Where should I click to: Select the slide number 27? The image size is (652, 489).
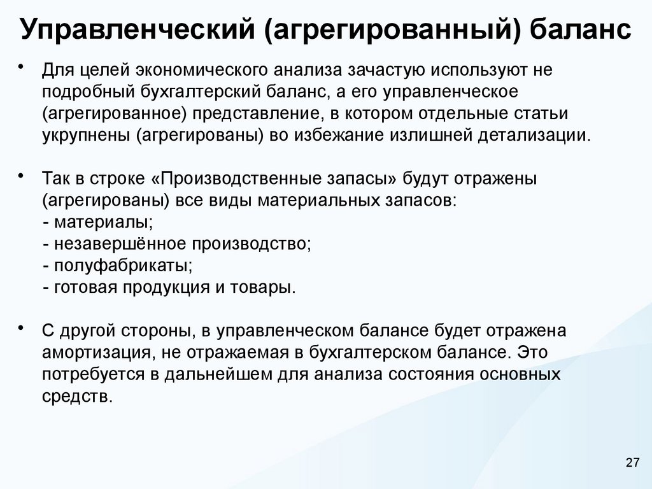632,462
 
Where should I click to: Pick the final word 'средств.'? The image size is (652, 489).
78,396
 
